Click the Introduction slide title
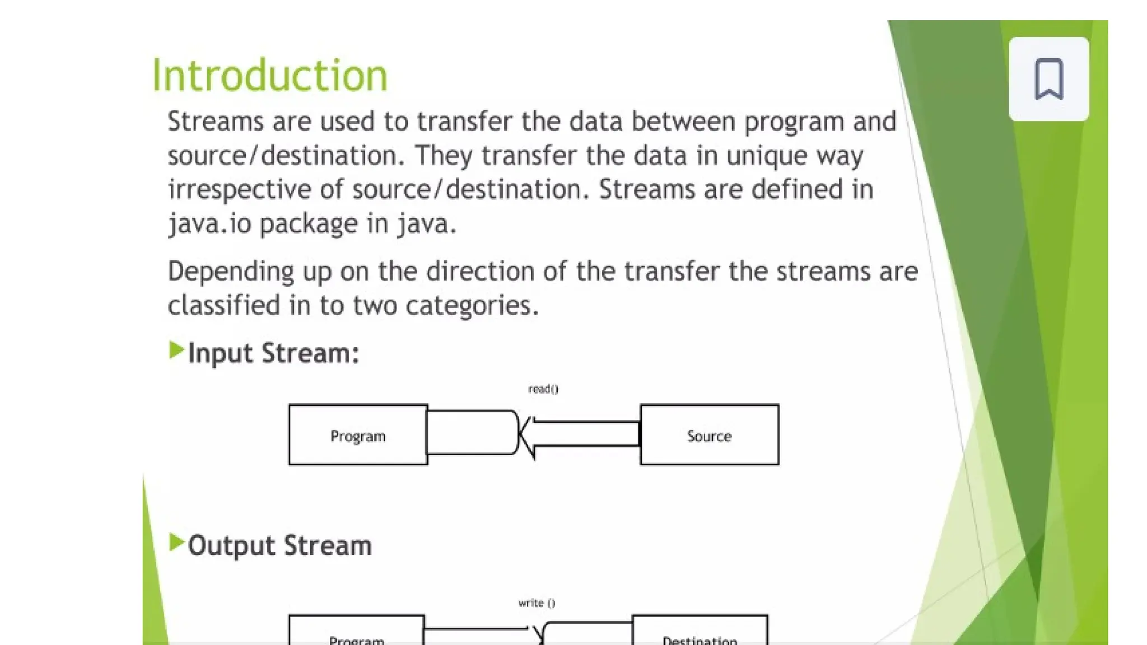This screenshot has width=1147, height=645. [x=269, y=76]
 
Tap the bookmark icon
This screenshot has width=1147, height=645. [x=1048, y=79]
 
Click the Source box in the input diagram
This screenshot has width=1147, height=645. [x=709, y=435]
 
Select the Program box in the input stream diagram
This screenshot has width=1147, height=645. [x=358, y=435]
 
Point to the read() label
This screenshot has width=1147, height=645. [x=543, y=389]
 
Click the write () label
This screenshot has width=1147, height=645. [x=537, y=603]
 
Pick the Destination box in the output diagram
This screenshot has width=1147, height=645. [x=700, y=633]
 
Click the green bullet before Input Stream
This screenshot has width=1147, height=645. [x=176, y=350]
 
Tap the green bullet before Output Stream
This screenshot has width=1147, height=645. [x=176, y=543]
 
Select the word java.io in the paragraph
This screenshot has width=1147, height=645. [x=209, y=224]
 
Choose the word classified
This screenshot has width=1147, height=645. [x=224, y=306]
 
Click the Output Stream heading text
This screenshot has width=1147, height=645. [x=279, y=545]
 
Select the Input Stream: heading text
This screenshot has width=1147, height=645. [x=273, y=353]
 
